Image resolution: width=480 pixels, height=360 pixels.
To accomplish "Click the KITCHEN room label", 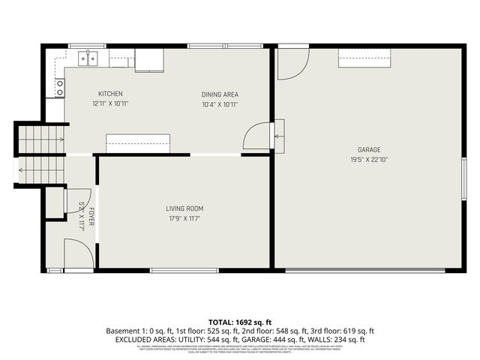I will tap(110, 94).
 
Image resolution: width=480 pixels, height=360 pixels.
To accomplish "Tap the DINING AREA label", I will tap(220, 94).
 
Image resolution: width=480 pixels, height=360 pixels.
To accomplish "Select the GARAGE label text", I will tap(368, 149).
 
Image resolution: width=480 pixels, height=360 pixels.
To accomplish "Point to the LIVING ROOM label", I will tap(184, 208).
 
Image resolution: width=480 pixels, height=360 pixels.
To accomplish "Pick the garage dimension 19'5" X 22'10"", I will tap(368, 159).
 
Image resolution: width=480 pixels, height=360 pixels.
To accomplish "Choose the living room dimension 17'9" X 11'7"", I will tap(184, 218).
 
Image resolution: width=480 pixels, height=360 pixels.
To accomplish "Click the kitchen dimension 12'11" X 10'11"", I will tap(110, 103).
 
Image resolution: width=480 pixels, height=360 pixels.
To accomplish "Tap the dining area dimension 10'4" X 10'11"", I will tap(220, 104).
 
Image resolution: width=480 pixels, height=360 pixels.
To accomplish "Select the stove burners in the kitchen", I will tap(59, 88).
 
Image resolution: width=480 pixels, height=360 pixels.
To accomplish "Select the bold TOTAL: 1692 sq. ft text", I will tap(239, 321).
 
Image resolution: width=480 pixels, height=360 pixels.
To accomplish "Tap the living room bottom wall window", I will tap(184, 270).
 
